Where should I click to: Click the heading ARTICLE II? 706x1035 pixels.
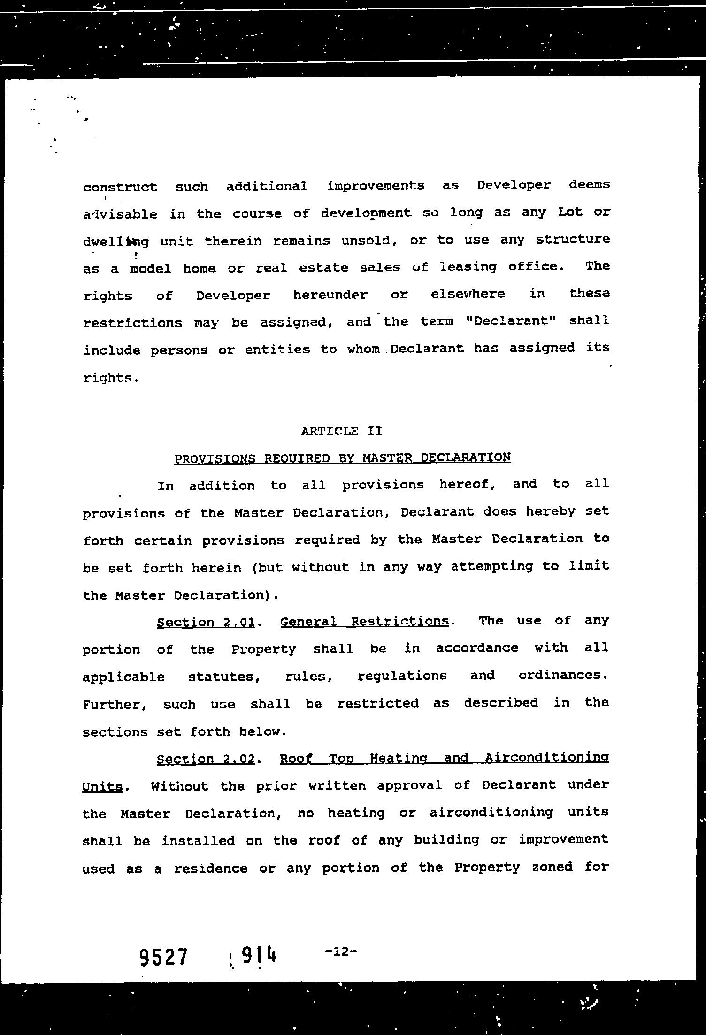[x=342, y=431]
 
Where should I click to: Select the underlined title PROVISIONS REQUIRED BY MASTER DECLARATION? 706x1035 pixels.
[x=342, y=457]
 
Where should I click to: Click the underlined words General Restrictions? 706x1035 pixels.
[x=364, y=622]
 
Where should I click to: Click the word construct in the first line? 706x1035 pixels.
[x=120, y=187]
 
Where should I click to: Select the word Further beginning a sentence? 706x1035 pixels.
[x=115, y=705]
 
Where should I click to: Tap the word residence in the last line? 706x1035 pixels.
[x=211, y=868]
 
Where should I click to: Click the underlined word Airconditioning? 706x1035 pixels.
[x=546, y=757]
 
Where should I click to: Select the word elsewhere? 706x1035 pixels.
[x=468, y=294]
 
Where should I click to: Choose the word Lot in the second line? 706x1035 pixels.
[x=570, y=212]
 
